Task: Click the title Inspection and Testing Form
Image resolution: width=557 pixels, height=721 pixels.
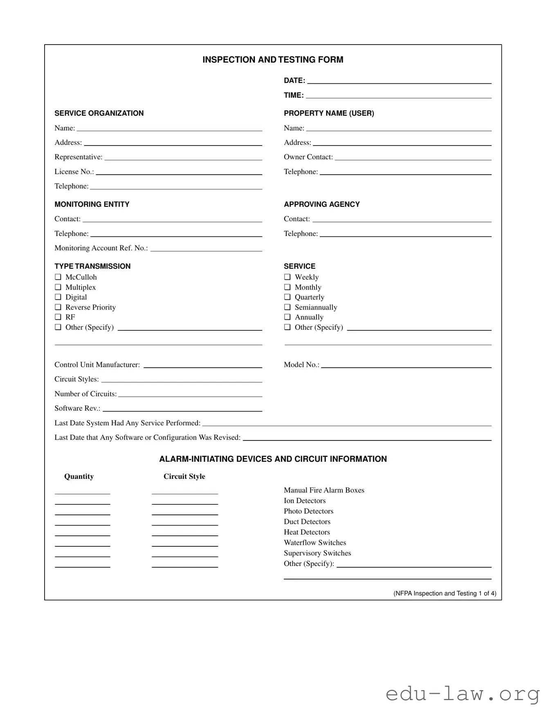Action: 273,60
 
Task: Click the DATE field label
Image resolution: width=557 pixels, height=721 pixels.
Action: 294,81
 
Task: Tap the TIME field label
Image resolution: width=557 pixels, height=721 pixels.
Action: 294,95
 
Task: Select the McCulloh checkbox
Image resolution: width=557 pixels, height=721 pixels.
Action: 58,277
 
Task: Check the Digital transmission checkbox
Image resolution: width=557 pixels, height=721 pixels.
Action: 58,297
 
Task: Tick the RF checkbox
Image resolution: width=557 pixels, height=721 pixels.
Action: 58,317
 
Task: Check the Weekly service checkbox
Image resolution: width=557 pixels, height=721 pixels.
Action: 287,277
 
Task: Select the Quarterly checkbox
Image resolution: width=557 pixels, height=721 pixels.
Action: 287,297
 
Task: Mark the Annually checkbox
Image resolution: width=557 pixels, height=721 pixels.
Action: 287,317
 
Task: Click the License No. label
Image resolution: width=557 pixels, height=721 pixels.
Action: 74,172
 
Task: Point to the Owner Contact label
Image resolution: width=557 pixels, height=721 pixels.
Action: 308,157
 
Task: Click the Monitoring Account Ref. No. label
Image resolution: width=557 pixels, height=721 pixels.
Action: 101,248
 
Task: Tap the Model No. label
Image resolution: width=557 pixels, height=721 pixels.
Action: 301,365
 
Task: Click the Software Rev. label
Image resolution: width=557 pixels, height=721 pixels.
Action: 77,408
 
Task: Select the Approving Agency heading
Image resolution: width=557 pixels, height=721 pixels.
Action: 322,204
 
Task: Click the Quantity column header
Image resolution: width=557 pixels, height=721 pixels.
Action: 79,476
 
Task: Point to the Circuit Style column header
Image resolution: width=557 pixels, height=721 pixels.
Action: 184,476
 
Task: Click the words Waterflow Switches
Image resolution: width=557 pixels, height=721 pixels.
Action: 315,543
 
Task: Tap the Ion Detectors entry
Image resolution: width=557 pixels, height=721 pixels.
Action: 305,501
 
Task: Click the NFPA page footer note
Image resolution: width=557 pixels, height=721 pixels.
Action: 445,593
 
